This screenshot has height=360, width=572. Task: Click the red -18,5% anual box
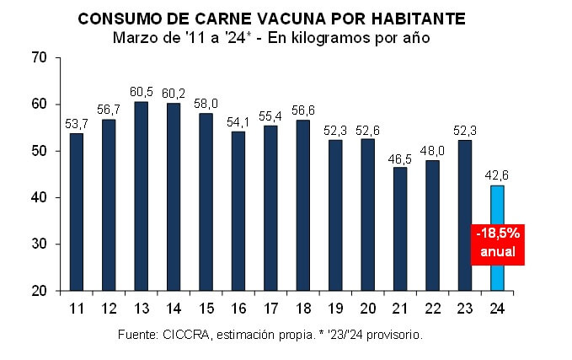(497, 242)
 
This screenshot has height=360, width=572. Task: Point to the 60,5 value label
(142, 92)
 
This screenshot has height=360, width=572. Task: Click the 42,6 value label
(497, 175)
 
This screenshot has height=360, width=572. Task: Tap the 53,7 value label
(77, 124)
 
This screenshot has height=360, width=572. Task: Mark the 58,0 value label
(206, 104)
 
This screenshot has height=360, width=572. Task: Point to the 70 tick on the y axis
(39, 58)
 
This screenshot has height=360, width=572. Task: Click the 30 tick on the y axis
(39, 244)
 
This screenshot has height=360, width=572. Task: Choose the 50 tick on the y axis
(39, 152)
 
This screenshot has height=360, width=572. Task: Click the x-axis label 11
(77, 308)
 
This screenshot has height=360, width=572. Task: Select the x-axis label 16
(238, 308)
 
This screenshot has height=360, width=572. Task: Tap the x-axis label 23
(464, 308)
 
